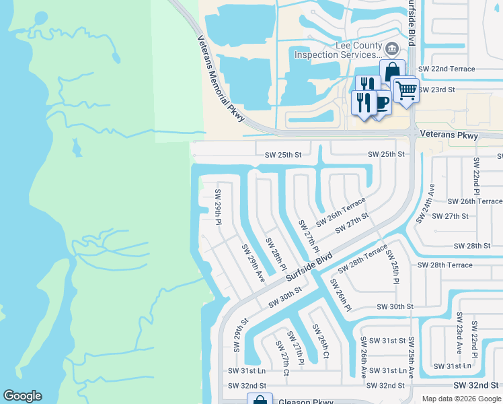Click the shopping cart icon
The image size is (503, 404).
click(x=405, y=89)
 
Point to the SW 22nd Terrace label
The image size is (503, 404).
click(x=447, y=69)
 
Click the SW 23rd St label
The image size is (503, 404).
click(x=436, y=89)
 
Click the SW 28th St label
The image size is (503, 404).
click(x=471, y=246)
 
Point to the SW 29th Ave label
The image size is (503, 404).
click(x=253, y=259)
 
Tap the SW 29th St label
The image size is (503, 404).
click(x=237, y=335)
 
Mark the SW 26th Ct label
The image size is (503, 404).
click(x=320, y=341)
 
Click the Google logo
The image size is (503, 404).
click(x=22, y=396)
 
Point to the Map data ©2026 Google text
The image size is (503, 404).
click(x=461, y=399)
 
